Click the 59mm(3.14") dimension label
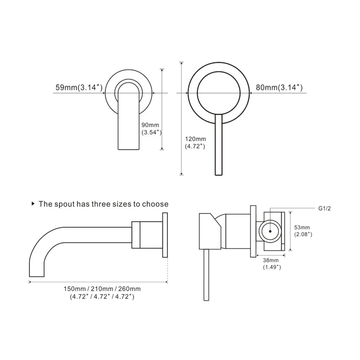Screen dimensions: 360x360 pos(79,88)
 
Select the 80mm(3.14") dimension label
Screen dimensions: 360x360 pos(279,88)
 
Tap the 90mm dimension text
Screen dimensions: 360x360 pos(150,125)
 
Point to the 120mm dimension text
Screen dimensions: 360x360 pos(195,139)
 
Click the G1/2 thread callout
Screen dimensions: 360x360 pos(325,208)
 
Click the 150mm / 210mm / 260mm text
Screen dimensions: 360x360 pos(102,288)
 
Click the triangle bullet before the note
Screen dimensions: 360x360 pos(33,204)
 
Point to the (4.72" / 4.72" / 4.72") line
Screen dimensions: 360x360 pos(102,297)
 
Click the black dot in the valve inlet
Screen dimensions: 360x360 pos(270,230)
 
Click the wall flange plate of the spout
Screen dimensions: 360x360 pos(165,235)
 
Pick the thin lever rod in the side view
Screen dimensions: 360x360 pos(207,274)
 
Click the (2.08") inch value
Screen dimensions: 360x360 pos(303,234)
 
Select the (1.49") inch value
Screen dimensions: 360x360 pos(271,267)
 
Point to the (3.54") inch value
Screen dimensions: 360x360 pos(151,132)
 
